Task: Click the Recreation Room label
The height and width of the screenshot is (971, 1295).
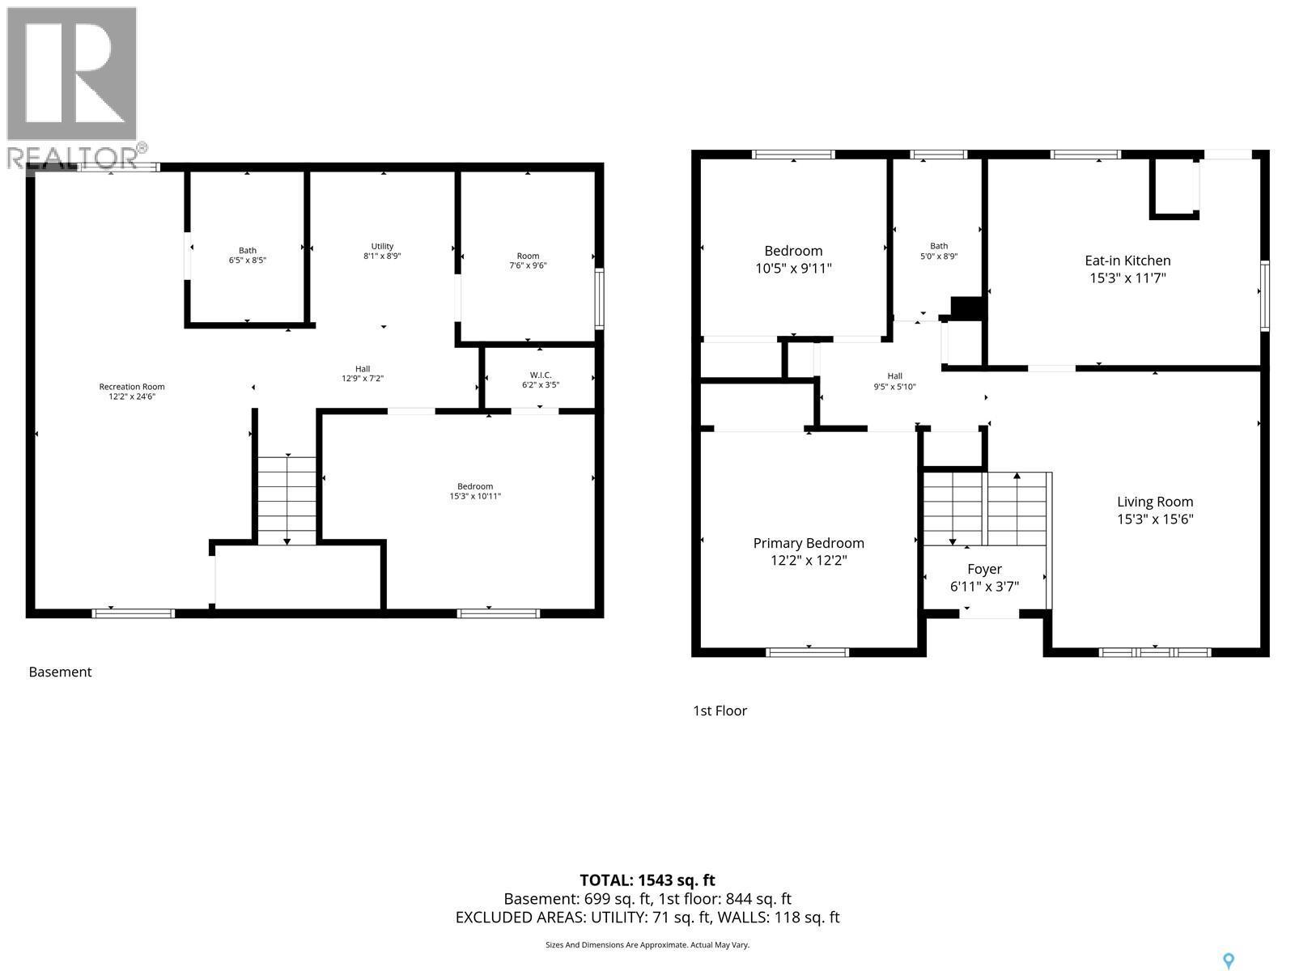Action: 132,392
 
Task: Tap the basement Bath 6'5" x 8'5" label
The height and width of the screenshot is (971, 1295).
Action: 247,256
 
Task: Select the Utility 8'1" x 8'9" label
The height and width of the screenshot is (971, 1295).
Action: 382,251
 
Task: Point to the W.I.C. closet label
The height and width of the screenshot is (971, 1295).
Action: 540,379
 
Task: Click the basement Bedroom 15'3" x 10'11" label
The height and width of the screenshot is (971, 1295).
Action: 475,491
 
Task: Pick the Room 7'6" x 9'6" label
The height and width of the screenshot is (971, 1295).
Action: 528,261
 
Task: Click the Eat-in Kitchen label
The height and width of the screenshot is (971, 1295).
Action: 1127,269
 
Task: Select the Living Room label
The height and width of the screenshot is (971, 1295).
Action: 1155,511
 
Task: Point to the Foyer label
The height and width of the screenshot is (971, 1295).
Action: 984,578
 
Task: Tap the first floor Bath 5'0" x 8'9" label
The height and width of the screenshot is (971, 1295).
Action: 939,251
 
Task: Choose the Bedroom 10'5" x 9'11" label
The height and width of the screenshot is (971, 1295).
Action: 793,259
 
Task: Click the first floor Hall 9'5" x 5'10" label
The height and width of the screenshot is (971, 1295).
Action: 894,381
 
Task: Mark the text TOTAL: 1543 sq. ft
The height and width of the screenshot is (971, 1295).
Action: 647,880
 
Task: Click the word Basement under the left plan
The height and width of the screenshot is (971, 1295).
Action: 60,672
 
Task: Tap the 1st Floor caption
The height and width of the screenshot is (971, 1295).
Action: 720,710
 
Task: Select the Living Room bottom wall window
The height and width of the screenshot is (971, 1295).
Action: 1155,651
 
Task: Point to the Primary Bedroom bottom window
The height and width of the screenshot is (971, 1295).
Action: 807,651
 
